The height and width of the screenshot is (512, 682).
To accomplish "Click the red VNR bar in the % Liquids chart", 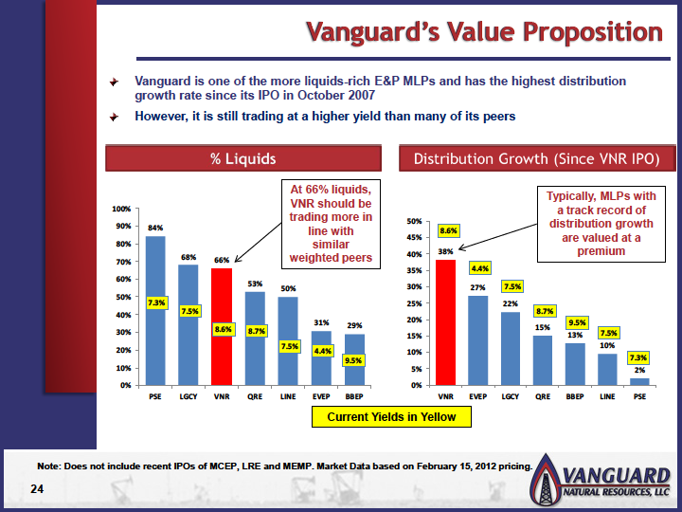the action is pyautogui.click(x=222, y=326).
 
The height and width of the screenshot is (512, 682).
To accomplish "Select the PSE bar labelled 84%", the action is pyautogui.click(x=155, y=311).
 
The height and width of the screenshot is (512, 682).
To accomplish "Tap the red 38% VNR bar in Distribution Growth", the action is pyautogui.click(x=446, y=322).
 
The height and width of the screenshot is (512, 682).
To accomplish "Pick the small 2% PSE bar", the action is pyautogui.click(x=639, y=382).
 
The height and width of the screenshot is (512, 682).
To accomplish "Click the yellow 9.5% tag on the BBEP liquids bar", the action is pyautogui.click(x=353, y=360).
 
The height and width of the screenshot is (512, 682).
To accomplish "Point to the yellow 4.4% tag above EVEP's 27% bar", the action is pyautogui.click(x=479, y=268).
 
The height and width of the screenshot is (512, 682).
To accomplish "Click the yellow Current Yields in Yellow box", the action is pyautogui.click(x=391, y=416).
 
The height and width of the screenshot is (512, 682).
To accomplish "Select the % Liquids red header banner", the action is pyautogui.click(x=243, y=158).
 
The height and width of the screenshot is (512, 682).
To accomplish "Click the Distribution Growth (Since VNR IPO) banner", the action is pyautogui.click(x=537, y=158).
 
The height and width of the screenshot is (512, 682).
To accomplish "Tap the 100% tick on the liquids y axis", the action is pyautogui.click(x=121, y=209).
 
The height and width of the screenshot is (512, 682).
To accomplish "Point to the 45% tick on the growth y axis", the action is pyautogui.click(x=414, y=238).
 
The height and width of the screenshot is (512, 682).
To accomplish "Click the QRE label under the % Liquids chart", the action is pyautogui.click(x=255, y=396).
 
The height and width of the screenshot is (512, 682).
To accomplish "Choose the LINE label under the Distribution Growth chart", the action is pyautogui.click(x=607, y=396).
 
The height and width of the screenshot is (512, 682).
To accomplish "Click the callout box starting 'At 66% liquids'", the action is pyautogui.click(x=331, y=224).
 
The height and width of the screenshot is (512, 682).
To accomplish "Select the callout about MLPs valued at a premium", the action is pyautogui.click(x=601, y=224).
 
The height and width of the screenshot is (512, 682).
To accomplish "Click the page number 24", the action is pyautogui.click(x=37, y=489).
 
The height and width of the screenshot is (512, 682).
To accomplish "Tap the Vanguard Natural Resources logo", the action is pyautogui.click(x=601, y=480).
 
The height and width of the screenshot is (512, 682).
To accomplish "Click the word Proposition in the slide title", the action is pyautogui.click(x=592, y=32).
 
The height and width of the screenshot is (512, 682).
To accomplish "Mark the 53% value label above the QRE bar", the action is pyautogui.click(x=255, y=283).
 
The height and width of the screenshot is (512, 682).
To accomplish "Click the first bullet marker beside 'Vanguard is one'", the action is pyautogui.click(x=114, y=82).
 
